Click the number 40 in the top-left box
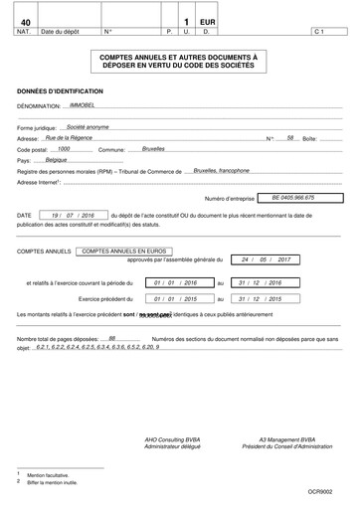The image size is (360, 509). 25,21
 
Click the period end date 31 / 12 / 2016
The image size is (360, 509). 261,282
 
